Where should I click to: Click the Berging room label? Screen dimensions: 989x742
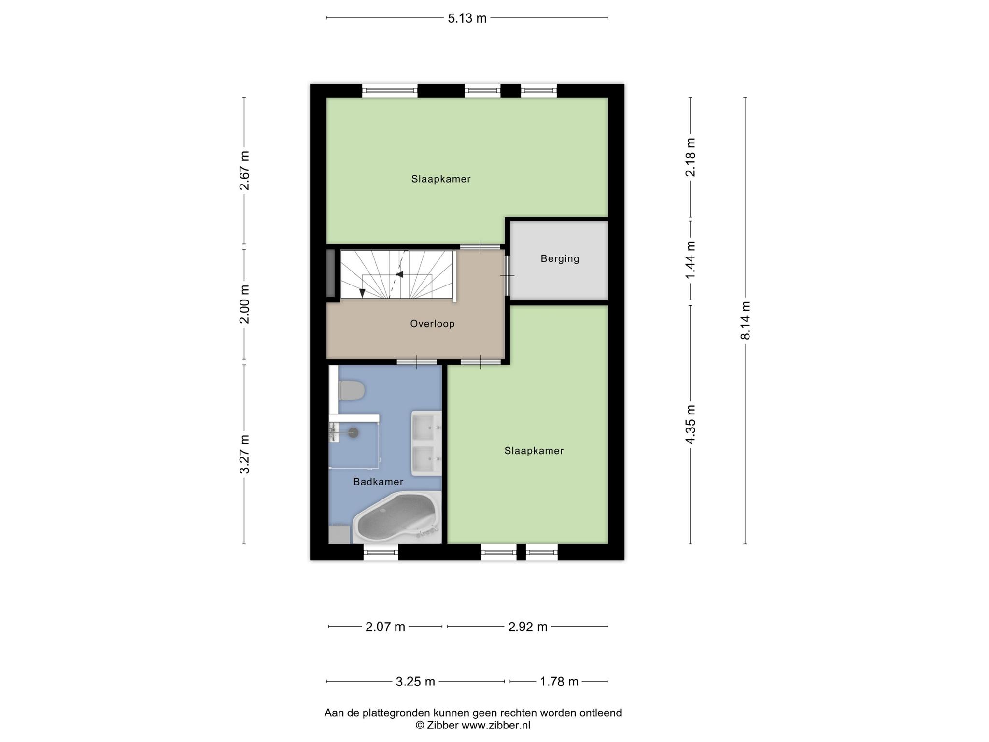click(x=560, y=258)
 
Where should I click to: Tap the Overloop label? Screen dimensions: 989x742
click(x=432, y=324)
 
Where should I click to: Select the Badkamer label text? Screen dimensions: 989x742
click(x=378, y=482)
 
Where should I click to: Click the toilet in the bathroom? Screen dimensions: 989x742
click(x=351, y=390)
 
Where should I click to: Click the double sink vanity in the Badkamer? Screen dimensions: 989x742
click(x=426, y=443)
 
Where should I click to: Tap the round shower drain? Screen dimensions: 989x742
click(x=354, y=432)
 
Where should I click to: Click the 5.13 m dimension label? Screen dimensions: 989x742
click(x=467, y=18)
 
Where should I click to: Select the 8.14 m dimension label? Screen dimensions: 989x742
click(x=746, y=320)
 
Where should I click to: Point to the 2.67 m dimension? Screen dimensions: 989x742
click(x=245, y=171)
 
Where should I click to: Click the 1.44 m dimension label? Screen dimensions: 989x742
click(x=691, y=259)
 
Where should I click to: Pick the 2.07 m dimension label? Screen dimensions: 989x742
click(x=385, y=627)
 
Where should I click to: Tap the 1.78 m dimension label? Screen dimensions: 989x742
click(x=559, y=682)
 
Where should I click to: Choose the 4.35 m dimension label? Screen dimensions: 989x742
click(x=691, y=424)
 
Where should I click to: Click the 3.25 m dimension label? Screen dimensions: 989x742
click(x=415, y=682)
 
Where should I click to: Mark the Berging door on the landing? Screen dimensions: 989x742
click(x=507, y=275)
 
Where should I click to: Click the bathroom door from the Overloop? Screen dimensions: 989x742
click(x=417, y=362)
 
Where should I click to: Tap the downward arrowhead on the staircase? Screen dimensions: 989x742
click(x=362, y=293)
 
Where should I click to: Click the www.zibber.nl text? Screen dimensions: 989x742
click(x=496, y=725)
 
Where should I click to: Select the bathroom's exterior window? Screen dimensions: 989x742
click(x=381, y=552)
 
